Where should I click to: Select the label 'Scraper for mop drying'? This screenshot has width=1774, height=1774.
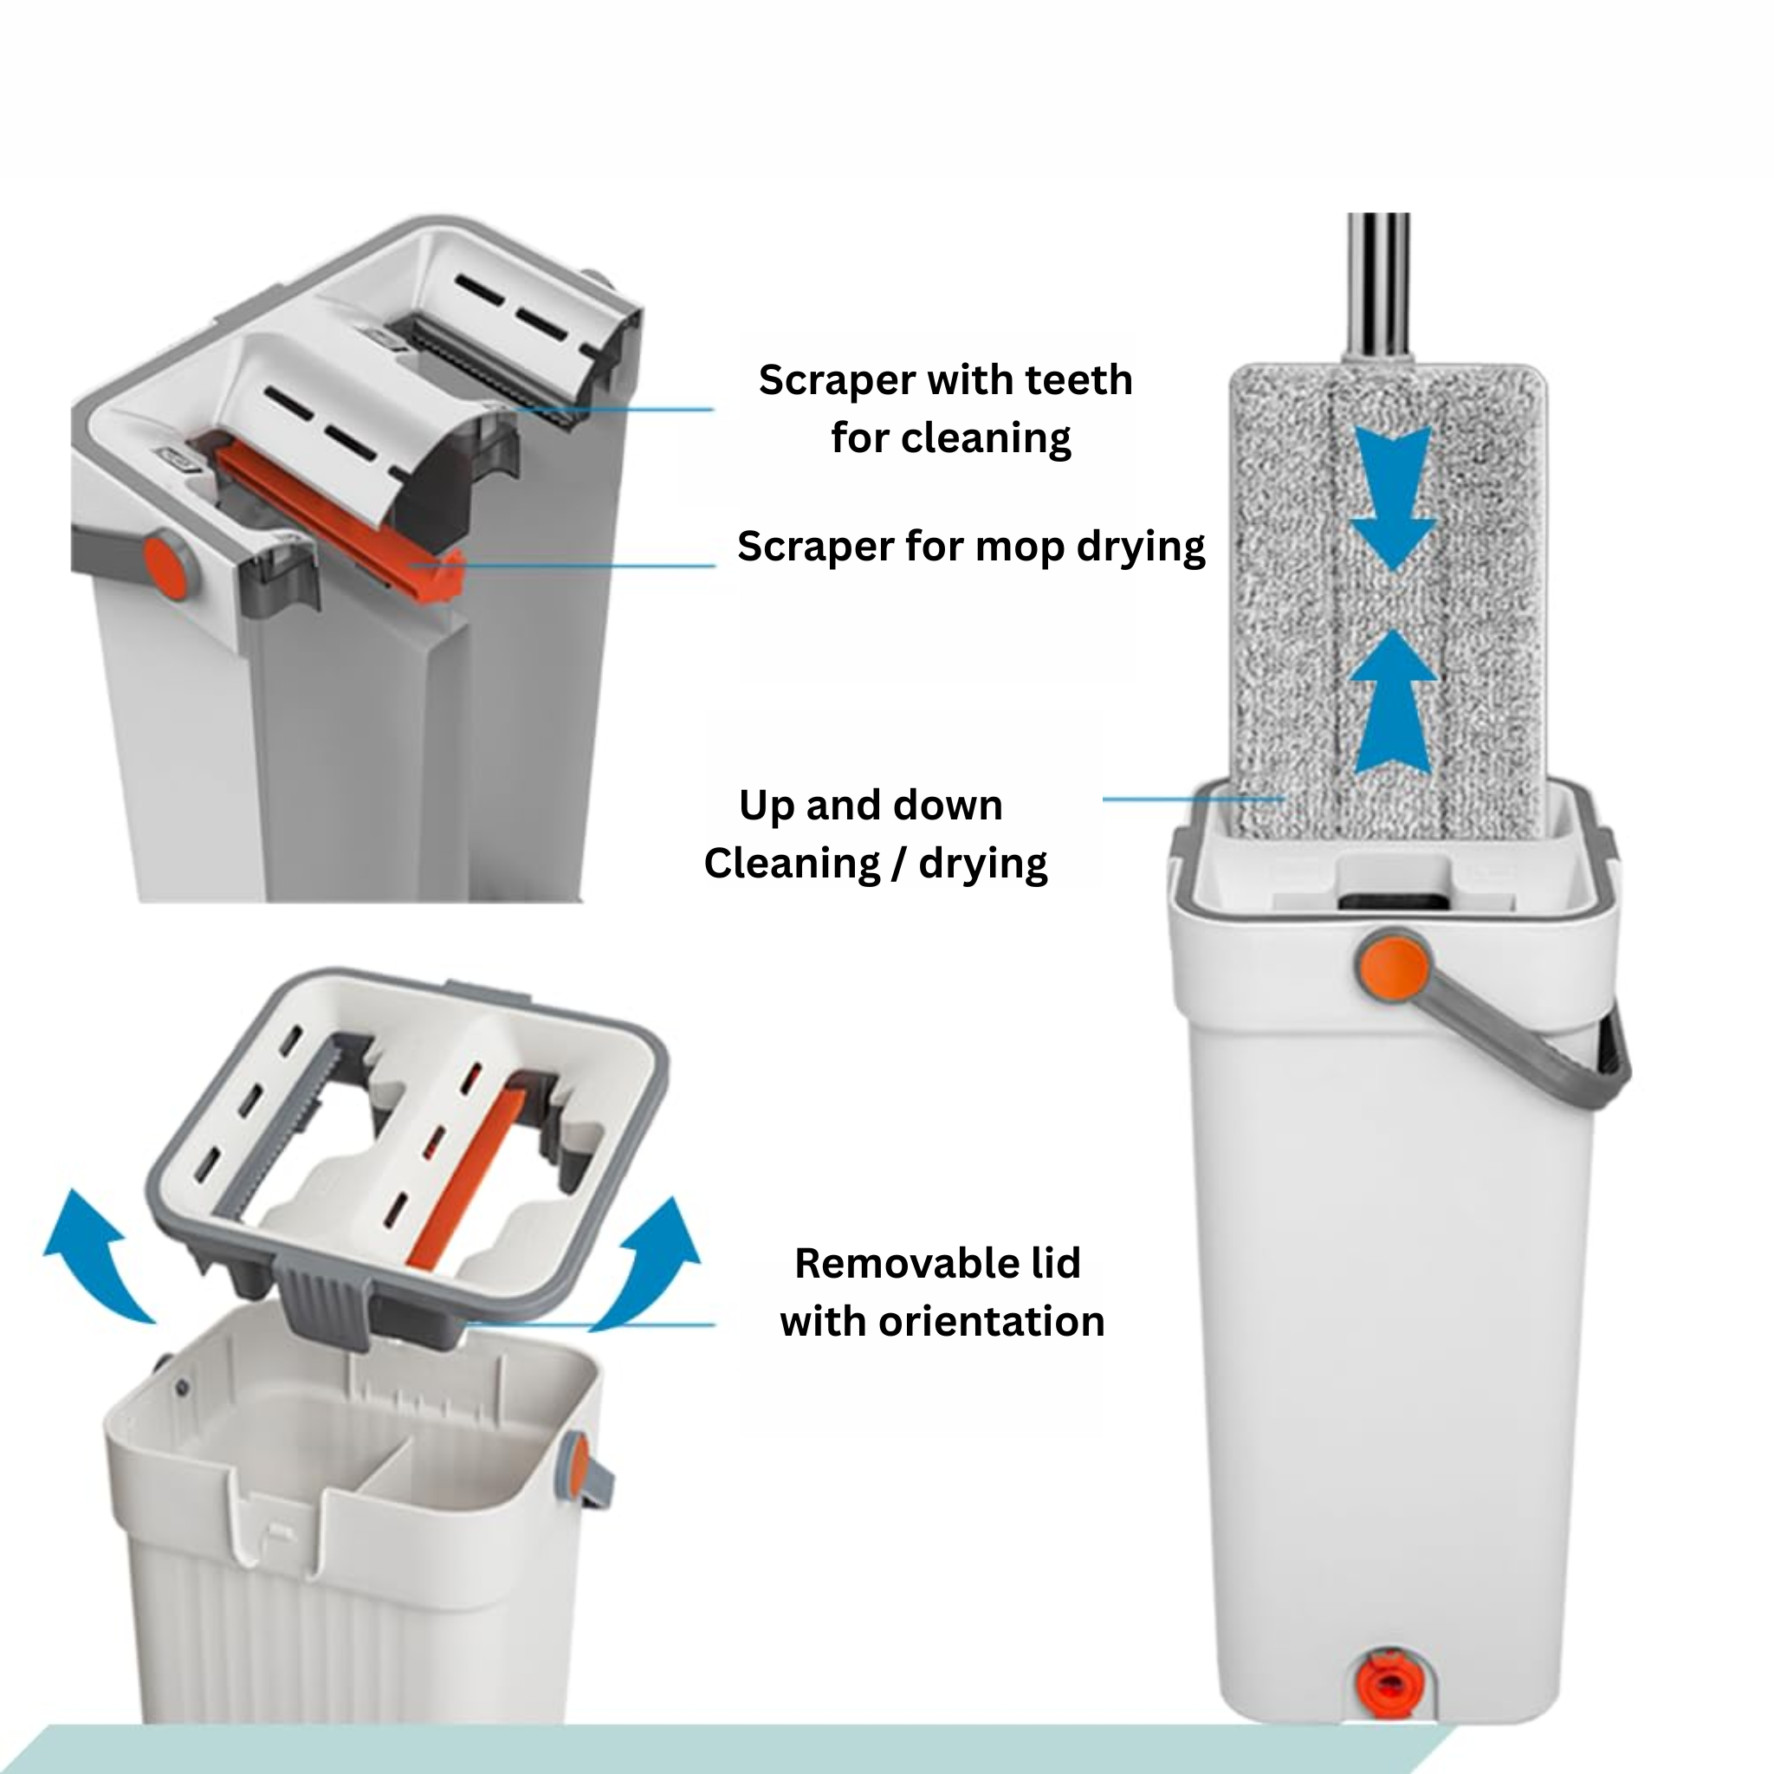[970, 547]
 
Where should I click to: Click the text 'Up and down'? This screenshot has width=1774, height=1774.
[871, 806]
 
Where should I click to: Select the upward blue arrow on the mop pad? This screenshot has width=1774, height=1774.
[1393, 701]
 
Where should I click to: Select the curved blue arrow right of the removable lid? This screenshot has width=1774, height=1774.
[648, 1263]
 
